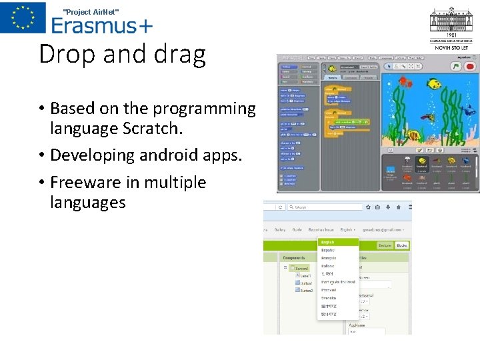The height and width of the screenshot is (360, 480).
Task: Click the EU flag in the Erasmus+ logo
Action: [23, 17]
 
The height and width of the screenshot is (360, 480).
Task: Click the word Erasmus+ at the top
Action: [102, 25]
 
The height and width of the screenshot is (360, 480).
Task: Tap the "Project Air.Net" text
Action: [91, 12]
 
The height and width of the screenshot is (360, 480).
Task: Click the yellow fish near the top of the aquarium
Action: [434, 85]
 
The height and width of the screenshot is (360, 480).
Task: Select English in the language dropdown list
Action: [328, 242]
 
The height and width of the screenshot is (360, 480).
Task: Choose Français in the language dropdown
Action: [329, 258]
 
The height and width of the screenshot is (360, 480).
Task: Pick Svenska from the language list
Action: [329, 299]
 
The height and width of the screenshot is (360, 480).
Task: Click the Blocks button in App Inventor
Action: [403, 245]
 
